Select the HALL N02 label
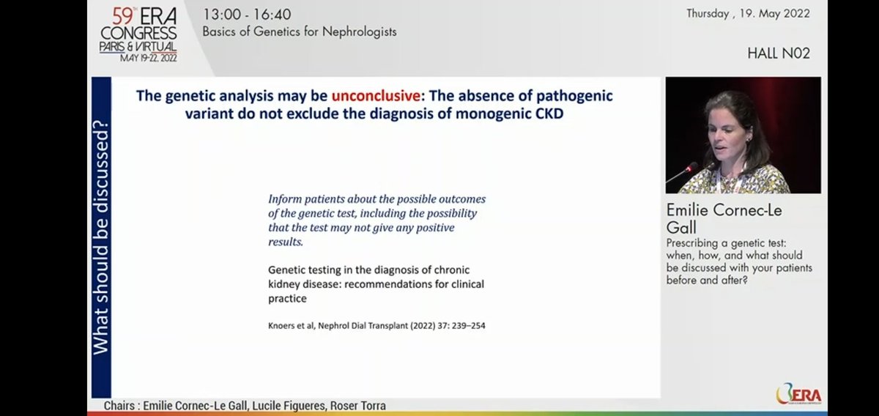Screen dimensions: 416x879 pyautogui.click(x=779, y=53)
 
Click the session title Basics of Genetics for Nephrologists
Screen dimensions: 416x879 pyautogui.click(x=300, y=31)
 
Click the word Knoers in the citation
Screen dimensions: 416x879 pyautogui.click(x=283, y=325)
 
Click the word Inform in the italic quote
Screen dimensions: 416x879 pyautogui.click(x=283, y=199)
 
